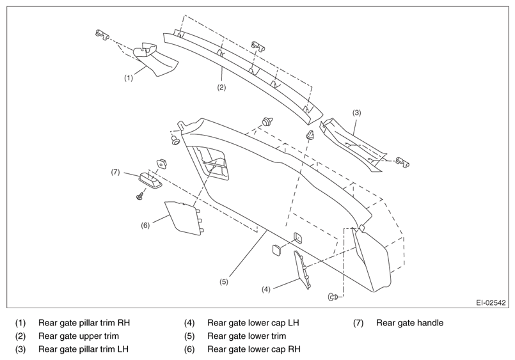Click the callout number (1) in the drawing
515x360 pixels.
129,78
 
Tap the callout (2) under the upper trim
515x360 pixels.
222,88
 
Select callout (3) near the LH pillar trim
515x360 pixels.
357,113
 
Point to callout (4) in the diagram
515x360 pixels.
265,290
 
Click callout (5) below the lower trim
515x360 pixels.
224,282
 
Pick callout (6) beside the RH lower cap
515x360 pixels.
145,226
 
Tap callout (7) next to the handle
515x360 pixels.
115,172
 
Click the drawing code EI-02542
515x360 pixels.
491,302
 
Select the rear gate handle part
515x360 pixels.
150,180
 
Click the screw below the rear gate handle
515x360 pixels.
141,196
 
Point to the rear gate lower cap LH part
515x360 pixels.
302,270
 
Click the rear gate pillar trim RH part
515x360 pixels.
155,59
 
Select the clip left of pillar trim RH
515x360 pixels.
102,34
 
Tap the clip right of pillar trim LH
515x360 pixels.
402,162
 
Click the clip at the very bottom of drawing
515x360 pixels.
333,297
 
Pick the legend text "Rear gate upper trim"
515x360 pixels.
79,336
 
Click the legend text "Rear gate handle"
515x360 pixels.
409,323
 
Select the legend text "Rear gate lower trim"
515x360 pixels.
247,336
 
